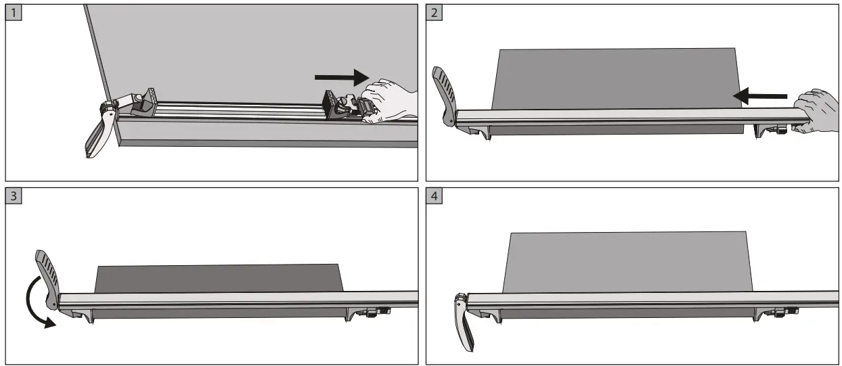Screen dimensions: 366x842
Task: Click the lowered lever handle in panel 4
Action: [463, 325]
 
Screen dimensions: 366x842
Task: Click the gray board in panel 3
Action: [217, 278]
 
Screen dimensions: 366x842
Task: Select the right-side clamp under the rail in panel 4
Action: [778, 313]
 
